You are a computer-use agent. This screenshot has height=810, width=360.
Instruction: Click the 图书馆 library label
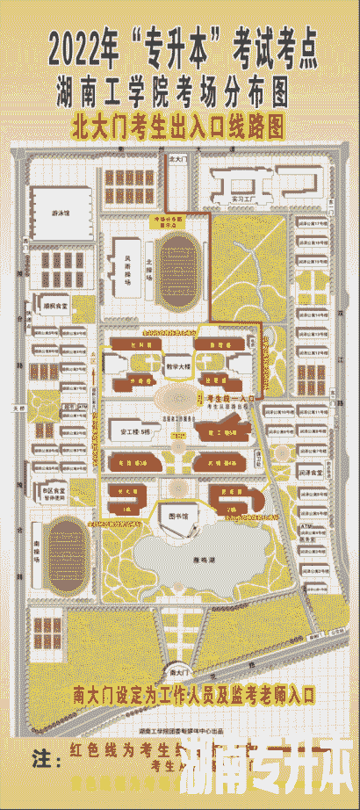coord(179,517)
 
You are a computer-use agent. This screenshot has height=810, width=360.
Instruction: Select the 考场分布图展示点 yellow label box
coord(179,220)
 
